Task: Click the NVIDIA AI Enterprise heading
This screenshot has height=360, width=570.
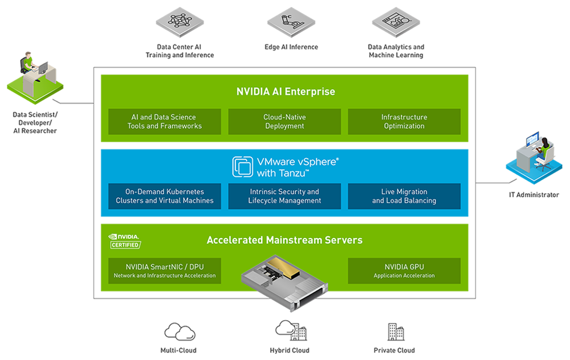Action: pos(286,91)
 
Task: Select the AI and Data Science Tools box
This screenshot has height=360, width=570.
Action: pos(165,121)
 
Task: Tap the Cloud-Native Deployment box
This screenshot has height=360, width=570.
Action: pos(284,121)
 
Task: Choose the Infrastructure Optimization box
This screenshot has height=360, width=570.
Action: pos(404,121)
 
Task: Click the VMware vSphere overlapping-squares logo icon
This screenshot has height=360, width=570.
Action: pos(242,166)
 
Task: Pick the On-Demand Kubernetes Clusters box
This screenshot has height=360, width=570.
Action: pos(165,196)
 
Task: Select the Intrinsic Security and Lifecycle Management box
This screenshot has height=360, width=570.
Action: pos(284,196)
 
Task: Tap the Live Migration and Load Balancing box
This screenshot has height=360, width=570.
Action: pos(404,196)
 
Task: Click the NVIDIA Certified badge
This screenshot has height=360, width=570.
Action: pos(124,240)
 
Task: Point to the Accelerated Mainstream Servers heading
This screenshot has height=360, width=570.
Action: pos(284,240)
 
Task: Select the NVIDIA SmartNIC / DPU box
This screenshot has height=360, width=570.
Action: pos(165,271)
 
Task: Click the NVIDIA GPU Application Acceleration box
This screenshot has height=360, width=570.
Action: pos(404,271)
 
